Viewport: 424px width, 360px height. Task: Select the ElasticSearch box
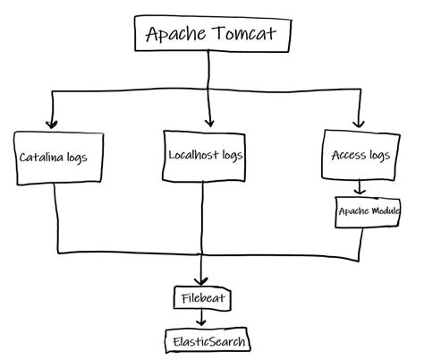tap(207, 340)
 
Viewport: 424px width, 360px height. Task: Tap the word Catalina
tap(42, 159)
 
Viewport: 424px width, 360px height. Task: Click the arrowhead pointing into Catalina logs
tap(52, 124)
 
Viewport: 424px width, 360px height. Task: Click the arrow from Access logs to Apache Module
tap(359, 189)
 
